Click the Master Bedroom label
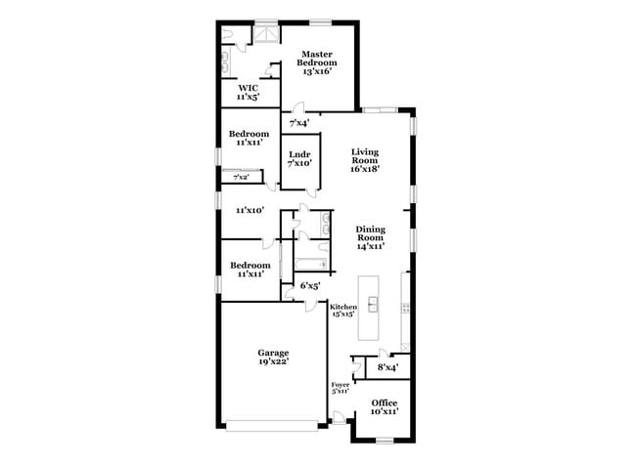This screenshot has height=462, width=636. (318, 63)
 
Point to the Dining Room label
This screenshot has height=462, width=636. (369, 237)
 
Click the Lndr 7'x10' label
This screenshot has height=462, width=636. (299, 159)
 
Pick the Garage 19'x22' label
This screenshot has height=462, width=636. (273, 357)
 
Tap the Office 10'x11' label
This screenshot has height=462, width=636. (384, 407)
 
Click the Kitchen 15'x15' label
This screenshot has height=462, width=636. (343, 312)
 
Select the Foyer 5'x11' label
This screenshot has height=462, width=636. (341, 389)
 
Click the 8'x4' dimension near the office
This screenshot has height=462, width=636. (387, 367)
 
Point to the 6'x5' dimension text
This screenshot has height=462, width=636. (310, 286)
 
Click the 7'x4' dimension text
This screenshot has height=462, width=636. (298, 123)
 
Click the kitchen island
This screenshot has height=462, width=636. (373, 306)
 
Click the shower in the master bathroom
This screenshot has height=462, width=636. (265, 33)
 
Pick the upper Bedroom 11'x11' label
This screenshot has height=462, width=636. (249, 138)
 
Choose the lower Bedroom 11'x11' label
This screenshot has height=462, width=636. (250, 270)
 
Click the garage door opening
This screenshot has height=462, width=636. (273, 424)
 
